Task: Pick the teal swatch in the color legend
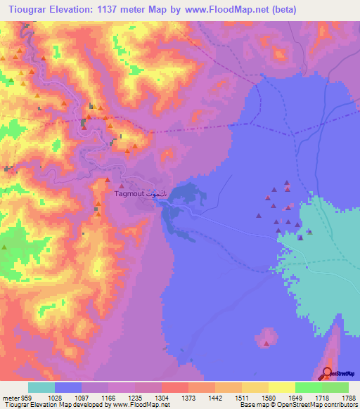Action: pyautogui.click(x=41, y=387)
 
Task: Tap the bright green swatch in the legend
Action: pyautogui.click(x=308, y=387)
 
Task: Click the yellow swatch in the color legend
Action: pyautogui.click(x=281, y=387)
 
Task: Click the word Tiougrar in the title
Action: pyautogui.click(x=29, y=10)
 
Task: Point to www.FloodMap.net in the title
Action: pyautogui.click(x=224, y=10)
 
